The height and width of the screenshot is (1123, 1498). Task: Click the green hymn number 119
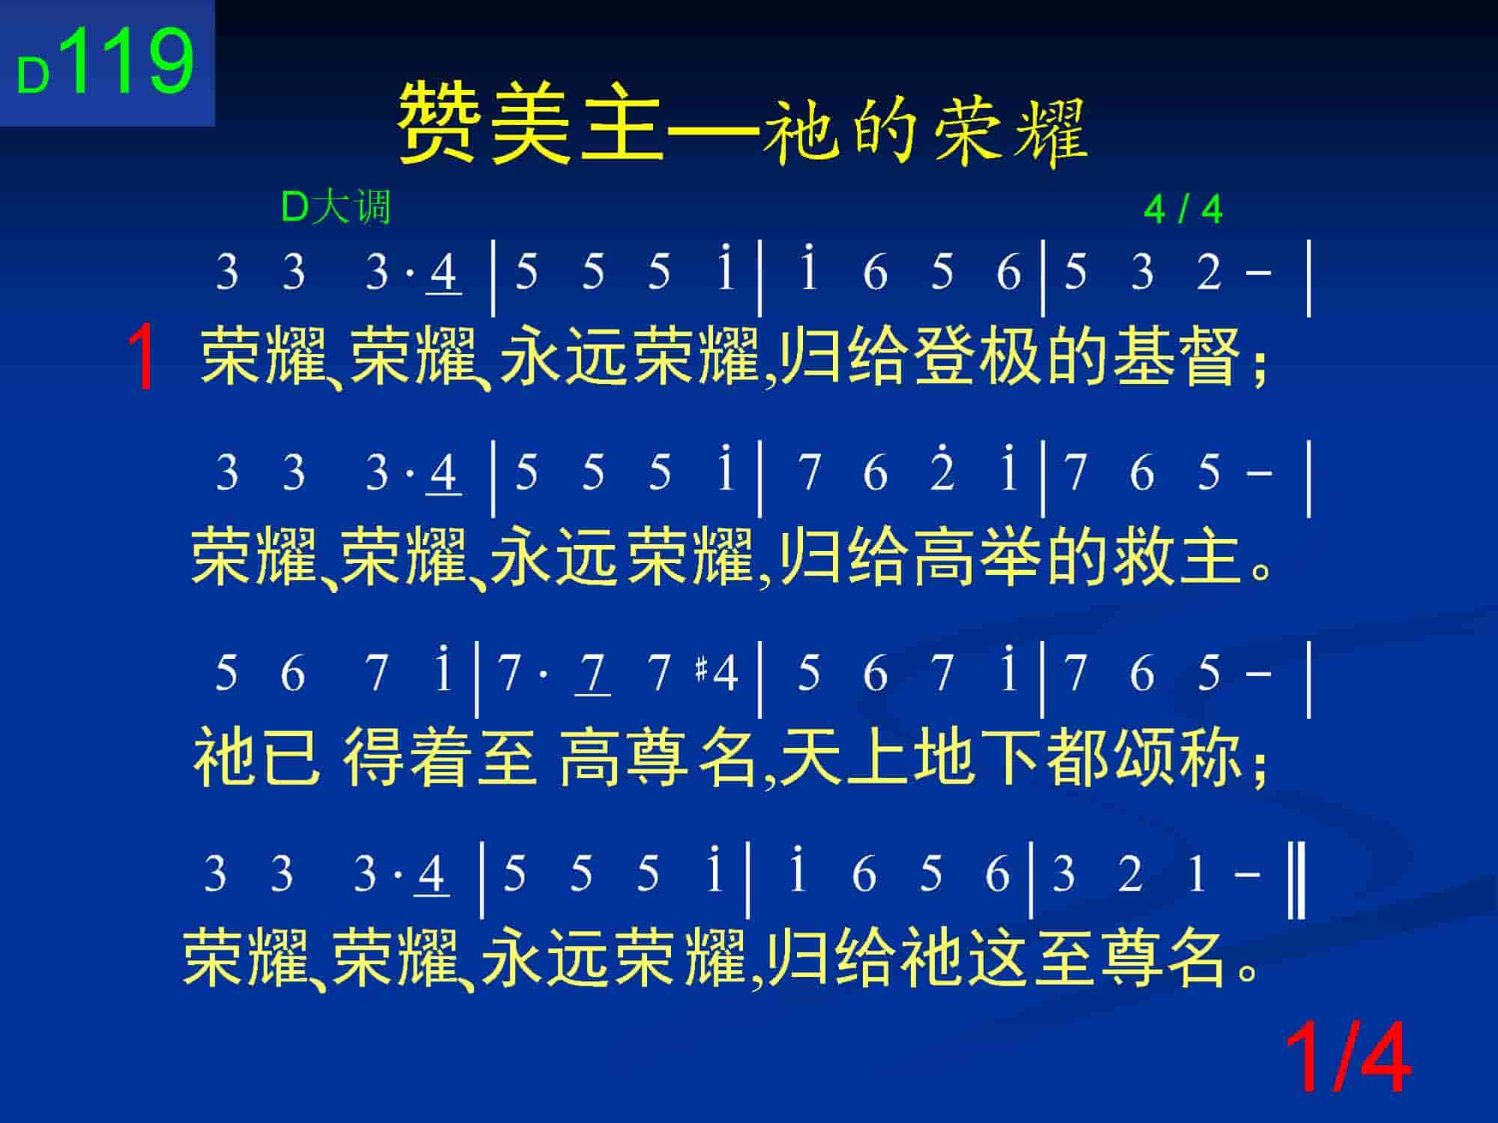tap(130, 59)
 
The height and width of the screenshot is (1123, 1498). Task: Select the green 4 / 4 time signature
tap(1183, 210)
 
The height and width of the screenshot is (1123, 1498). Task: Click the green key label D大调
tap(336, 207)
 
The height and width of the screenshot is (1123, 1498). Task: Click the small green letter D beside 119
tap(33, 76)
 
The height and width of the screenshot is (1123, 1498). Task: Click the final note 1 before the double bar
tap(1197, 874)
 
